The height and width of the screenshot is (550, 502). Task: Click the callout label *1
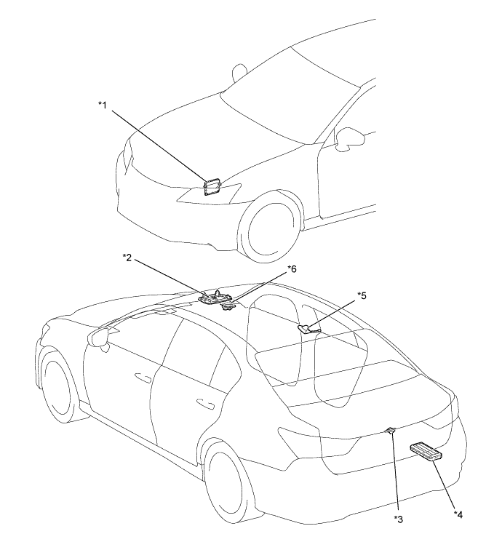102,105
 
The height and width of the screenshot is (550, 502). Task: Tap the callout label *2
127,258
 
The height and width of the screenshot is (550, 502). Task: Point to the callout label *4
458,515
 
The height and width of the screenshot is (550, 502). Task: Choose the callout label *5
362,295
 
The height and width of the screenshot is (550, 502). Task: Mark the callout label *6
292,269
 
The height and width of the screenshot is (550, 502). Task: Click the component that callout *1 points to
212,186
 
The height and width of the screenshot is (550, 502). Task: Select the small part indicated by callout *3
391,431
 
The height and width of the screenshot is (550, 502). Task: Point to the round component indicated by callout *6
228,306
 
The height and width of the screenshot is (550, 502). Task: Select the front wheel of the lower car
58,386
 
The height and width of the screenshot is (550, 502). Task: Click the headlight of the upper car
209,192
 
